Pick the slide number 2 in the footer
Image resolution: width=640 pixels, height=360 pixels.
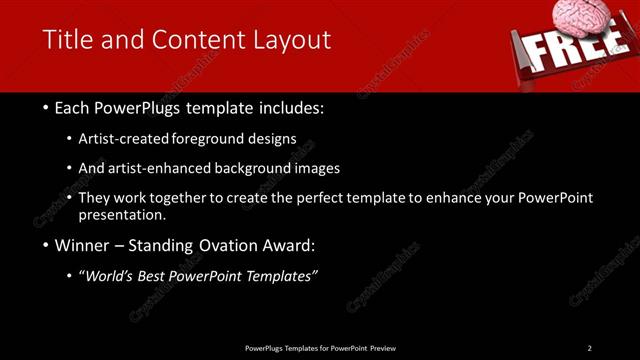coord(589,348)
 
